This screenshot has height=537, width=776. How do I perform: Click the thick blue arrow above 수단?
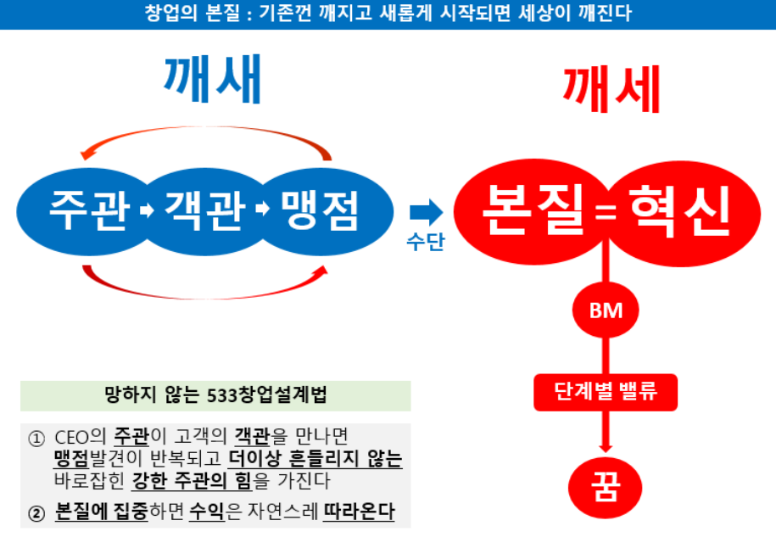point(426,212)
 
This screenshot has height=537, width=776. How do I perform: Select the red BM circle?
point(606,310)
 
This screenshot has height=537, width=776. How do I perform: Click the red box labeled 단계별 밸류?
point(606,393)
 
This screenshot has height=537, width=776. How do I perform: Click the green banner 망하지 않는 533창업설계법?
point(215,395)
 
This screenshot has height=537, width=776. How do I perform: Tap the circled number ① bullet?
point(36,439)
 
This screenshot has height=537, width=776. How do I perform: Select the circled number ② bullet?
point(36,513)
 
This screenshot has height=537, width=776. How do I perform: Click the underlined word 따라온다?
point(360,513)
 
